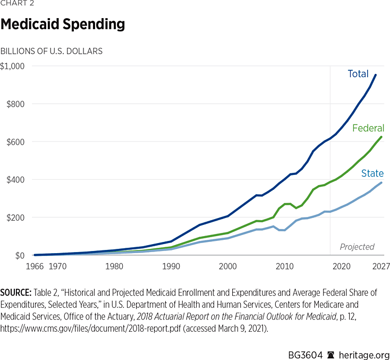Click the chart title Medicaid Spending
[63, 24]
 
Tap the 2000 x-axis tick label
[227, 267]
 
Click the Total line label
[358, 74]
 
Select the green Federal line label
[368, 128]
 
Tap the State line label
[372, 173]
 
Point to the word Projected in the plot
[357, 247]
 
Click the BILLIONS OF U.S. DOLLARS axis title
[52, 51]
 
